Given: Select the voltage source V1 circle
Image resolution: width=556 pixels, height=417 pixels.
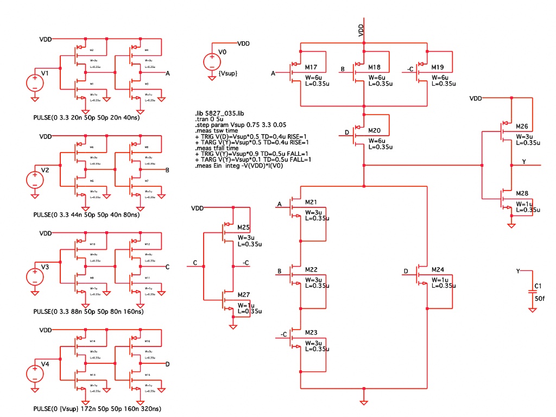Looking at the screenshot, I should point(34,83).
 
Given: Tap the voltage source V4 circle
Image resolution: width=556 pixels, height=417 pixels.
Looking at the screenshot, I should point(34,374).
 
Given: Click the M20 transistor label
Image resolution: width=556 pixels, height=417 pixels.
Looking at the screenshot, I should point(374,131).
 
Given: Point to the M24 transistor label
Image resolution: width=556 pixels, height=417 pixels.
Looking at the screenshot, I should point(438,269).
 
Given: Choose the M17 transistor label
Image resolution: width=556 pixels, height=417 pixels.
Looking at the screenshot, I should point(311,67).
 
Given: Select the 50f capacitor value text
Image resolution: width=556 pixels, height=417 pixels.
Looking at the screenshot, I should point(540,299).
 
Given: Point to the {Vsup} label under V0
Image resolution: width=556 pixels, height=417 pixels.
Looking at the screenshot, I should point(227,73).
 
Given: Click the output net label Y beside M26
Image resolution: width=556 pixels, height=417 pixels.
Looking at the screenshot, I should point(523,162).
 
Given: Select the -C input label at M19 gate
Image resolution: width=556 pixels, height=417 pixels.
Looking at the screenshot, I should point(412,69).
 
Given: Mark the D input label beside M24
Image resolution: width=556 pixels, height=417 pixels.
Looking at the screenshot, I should point(406,271).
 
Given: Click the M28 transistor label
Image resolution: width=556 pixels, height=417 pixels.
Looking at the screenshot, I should point(522,193).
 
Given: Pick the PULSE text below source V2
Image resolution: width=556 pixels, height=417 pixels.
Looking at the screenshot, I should point(86,215).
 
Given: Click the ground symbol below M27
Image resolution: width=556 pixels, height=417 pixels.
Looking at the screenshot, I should point(233,326).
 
